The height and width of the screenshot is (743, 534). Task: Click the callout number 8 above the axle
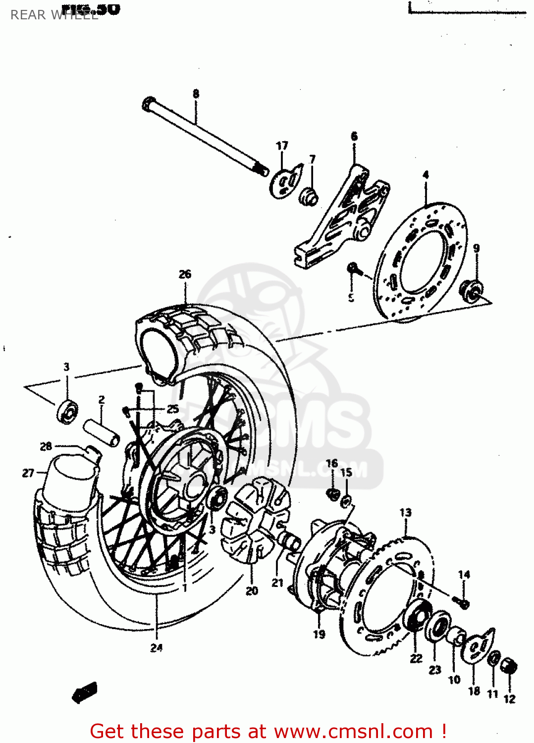point(196,94)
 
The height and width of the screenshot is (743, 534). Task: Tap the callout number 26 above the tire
point(185,274)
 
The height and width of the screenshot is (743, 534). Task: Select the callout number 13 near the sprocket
point(405,512)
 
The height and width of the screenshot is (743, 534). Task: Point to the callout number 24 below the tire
point(157,647)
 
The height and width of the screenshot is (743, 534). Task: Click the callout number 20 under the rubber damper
point(252,590)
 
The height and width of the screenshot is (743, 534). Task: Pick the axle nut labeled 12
point(509,666)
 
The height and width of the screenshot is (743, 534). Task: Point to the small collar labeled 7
point(309,196)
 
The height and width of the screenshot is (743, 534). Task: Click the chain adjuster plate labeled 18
point(476,649)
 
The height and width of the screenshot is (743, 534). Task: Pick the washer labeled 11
point(493,659)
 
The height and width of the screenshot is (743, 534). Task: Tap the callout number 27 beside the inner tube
point(28,473)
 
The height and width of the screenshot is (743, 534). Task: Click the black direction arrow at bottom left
point(85,691)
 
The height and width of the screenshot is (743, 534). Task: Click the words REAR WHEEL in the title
point(54,15)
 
